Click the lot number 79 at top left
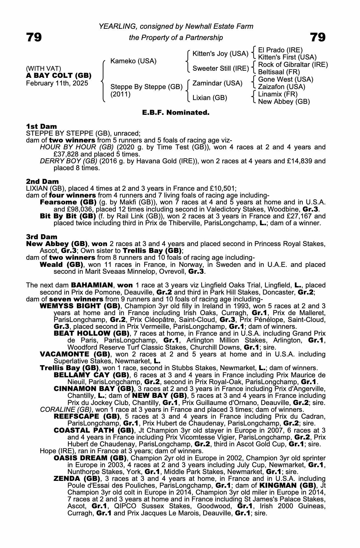34,37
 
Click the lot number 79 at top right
318,37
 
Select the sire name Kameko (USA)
133,61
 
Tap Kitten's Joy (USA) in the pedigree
220,54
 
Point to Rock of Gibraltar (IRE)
293,65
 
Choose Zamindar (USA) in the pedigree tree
217,83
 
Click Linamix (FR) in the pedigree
278,94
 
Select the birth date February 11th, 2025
57,83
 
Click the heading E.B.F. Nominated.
176,112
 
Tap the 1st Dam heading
42,126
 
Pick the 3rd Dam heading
42,237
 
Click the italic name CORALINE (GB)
66,409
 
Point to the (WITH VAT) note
44,68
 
